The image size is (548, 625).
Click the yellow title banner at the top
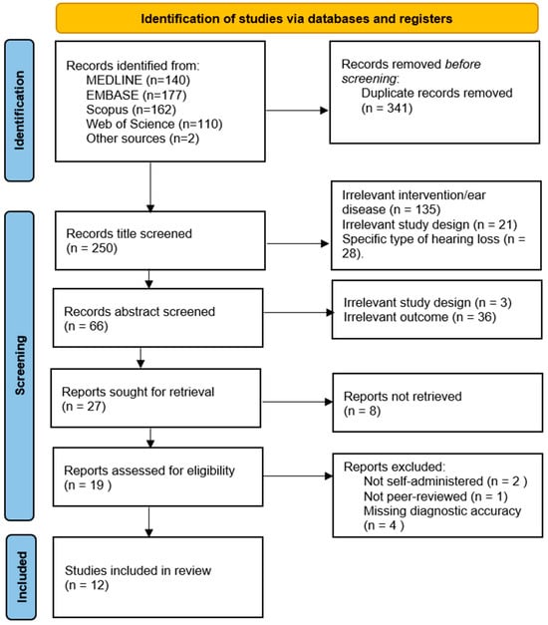click(297, 18)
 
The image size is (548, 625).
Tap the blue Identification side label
click(19, 111)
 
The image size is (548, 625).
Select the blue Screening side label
click(19, 366)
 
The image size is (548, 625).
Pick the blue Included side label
click(21, 577)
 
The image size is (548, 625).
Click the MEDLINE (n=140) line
click(137, 80)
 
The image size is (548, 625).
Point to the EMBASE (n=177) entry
click(137, 95)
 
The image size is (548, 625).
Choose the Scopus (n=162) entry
click(132, 110)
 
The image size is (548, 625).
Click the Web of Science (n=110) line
click(154, 124)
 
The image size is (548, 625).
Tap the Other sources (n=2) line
click(142, 139)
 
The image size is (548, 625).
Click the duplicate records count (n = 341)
click(387, 108)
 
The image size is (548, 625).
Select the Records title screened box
click(160, 241)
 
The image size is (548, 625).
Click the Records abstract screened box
click(158, 318)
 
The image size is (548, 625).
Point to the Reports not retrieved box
click(437, 403)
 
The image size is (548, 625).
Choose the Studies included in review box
click(158, 577)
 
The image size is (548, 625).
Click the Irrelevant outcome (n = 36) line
click(419, 317)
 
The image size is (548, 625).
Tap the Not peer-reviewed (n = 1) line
click(435, 496)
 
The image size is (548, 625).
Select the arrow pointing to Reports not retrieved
click(297, 402)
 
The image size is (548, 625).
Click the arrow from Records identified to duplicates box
click(297, 111)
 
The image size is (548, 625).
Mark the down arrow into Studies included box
click(149, 521)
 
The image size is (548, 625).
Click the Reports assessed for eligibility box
click(158, 476)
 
